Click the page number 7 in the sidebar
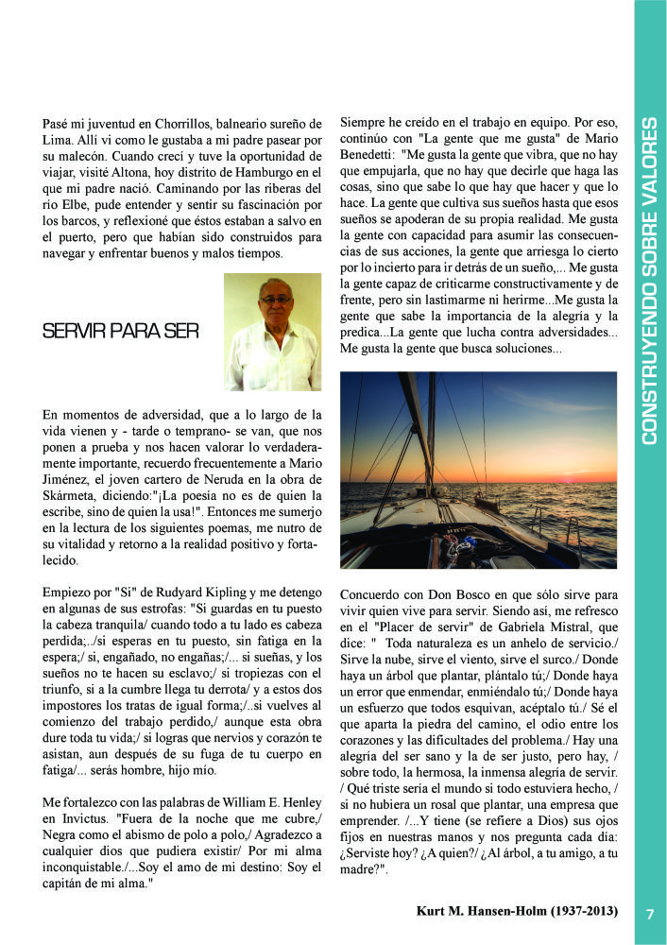650,914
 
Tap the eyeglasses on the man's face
275,300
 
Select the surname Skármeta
72,494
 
